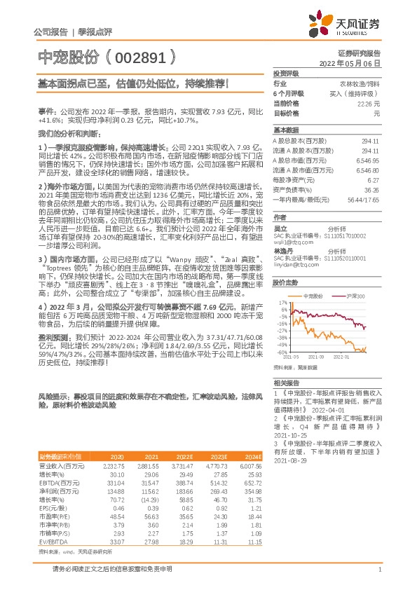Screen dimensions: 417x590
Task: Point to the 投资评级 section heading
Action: click(x=286, y=73)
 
